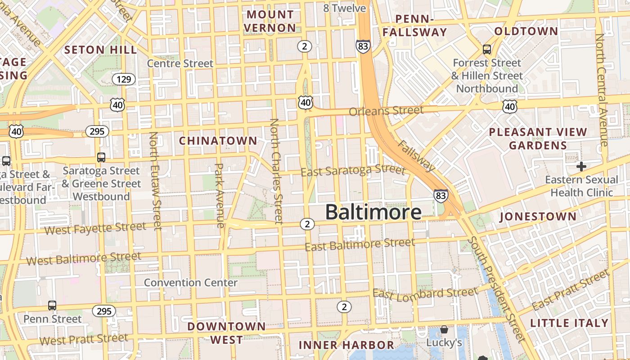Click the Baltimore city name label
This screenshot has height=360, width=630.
coord(373,212)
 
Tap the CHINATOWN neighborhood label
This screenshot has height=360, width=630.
coord(218,141)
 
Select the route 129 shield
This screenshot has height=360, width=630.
coord(123,80)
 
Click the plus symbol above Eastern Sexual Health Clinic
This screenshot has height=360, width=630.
coord(581,166)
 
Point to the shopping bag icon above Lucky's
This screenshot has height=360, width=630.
coord(444,330)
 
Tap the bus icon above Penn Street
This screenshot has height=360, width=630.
coord(52,306)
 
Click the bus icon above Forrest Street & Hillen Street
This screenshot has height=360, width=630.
coord(486,49)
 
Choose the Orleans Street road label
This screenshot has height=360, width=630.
coord(386,111)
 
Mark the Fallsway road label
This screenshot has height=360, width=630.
coord(417,156)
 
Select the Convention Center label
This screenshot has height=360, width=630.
coord(190,283)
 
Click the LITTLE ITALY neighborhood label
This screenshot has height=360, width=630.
coord(569,323)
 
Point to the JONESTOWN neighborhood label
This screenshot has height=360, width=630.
coord(538,216)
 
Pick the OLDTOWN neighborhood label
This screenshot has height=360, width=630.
coord(526,31)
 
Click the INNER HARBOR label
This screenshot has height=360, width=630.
coord(346,345)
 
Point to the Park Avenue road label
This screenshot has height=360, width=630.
coord(219,195)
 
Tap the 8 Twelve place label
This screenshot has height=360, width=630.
coord(345,8)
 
